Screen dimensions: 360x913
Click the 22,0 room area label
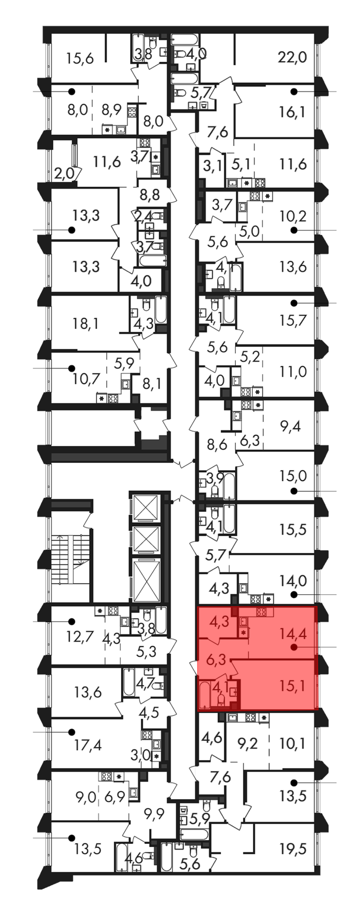pyautogui.click(x=292, y=57)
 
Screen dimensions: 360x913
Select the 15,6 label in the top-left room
pyautogui.click(x=80, y=58)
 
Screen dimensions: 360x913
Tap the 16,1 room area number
pyautogui.click(x=292, y=112)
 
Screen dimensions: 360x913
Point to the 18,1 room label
pyautogui.click(x=85, y=324)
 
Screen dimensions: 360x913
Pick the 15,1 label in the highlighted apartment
pyautogui.click(x=292, y=686)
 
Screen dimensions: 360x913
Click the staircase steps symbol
pyautogui.click(x=70, y=559)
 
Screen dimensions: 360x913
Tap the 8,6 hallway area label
pyautogui.click(x=217, y=445)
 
